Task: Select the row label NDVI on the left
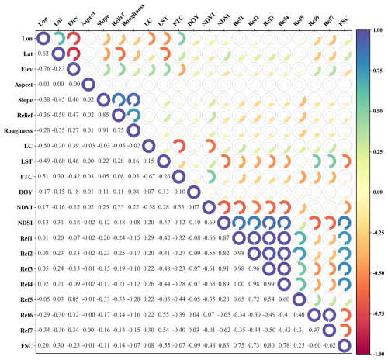tap(23, 207)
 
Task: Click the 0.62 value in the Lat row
tap(42, 54)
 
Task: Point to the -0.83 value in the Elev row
tap(57, 69)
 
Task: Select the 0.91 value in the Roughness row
tap(117, 130)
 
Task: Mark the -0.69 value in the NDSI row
tap(208, 223)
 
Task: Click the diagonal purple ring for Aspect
tap(88, 84)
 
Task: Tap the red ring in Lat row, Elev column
tap(72, 54)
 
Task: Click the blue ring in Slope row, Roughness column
tap(133, 99)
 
